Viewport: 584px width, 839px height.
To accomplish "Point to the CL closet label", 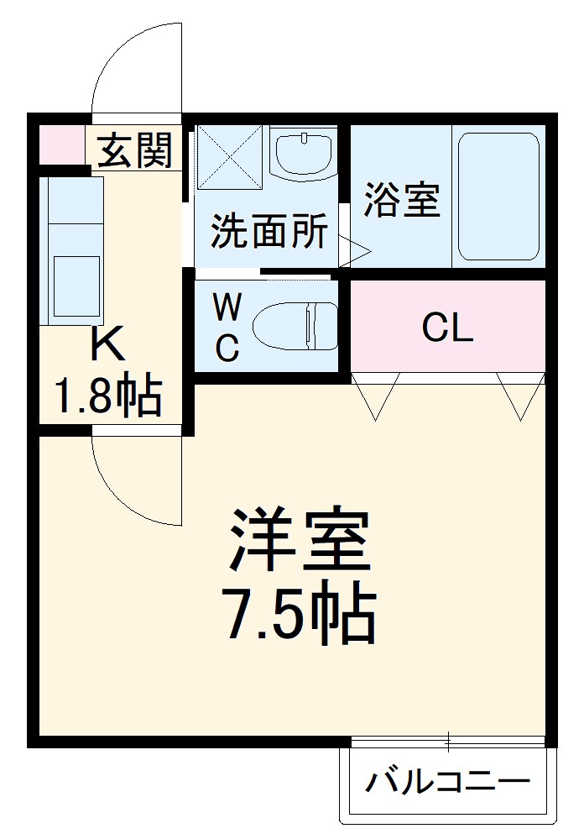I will tap(447, 328).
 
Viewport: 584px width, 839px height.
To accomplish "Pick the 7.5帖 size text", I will tap(299, 615).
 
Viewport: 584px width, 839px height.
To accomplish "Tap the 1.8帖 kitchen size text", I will tap(108, 396).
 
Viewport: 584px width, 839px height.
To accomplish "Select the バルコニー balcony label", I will tap(447, 783).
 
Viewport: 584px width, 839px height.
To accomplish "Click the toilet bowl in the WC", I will tap(294, 326).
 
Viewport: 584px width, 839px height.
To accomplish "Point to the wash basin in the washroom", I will tap(304, 154).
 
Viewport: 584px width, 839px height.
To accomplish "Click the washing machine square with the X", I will tap(230, 157).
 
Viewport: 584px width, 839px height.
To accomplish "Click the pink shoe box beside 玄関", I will tap(61, 144).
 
